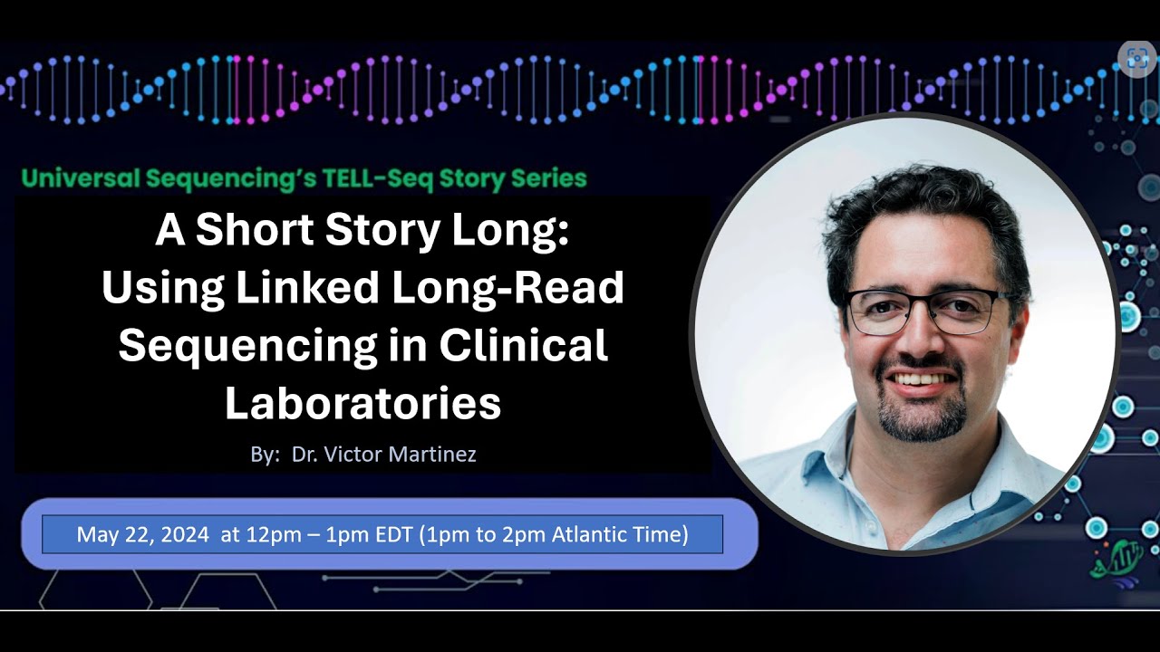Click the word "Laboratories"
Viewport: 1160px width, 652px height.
[362, 403]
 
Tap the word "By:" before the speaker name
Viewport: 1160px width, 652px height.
[266, 455]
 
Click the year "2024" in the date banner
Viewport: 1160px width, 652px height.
[186, 534]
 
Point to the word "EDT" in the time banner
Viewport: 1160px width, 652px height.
[396, 534]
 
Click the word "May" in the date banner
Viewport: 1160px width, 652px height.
[94, 534]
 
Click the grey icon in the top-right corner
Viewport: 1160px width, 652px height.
[1136, 60]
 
